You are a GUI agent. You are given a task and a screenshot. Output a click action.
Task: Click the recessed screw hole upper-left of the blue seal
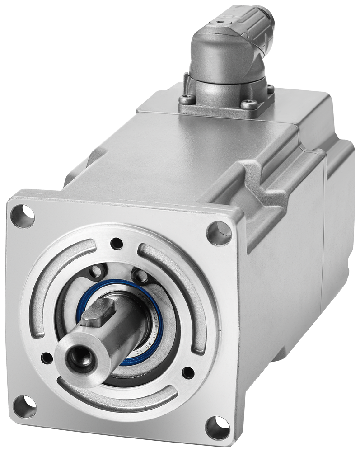(96, 273)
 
